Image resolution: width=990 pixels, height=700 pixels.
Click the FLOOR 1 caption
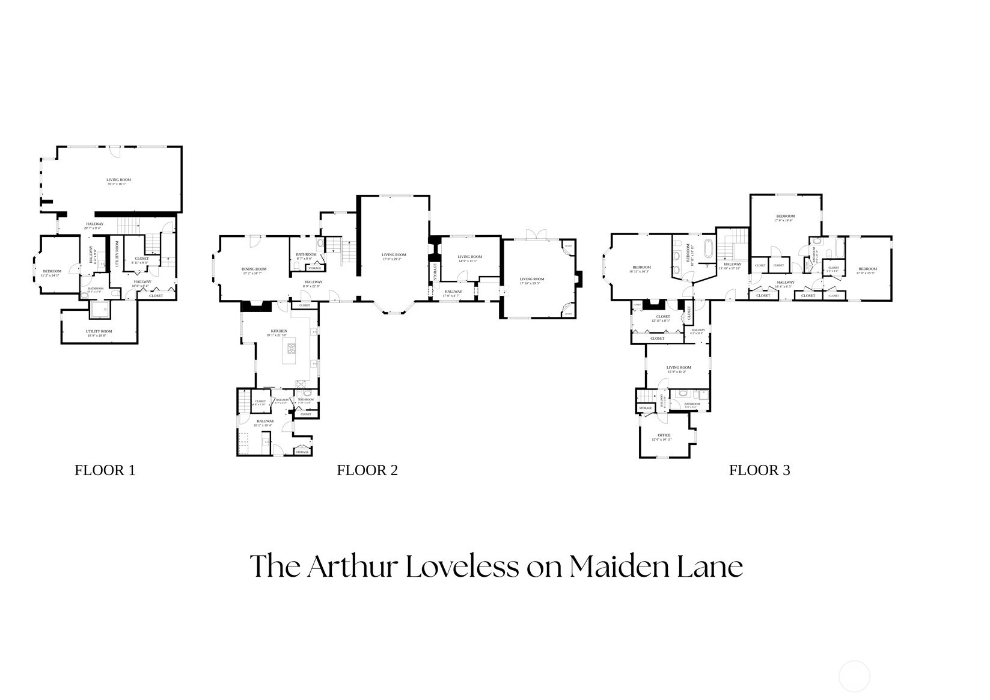point(105,470)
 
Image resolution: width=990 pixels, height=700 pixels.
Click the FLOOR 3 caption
point(759,470)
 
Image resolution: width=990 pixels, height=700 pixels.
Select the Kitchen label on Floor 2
point(279,331)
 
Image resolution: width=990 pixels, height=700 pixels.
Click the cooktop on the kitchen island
point(292,348)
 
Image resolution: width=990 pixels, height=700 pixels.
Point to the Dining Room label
point(254,269)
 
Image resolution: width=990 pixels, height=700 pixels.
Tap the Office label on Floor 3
point(664,435)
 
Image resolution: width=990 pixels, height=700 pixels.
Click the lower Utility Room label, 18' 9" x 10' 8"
point(99,331)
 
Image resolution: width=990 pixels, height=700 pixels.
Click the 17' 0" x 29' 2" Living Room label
point(394,255)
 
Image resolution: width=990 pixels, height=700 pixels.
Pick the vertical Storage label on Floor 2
point(435,272)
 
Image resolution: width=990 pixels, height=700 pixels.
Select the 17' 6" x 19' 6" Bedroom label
point(785,216)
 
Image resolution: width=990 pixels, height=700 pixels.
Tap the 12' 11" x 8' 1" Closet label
point(663,317)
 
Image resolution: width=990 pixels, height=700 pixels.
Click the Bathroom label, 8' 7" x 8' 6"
point(306,254)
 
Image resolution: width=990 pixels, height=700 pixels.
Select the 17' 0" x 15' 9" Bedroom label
point(867,269)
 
